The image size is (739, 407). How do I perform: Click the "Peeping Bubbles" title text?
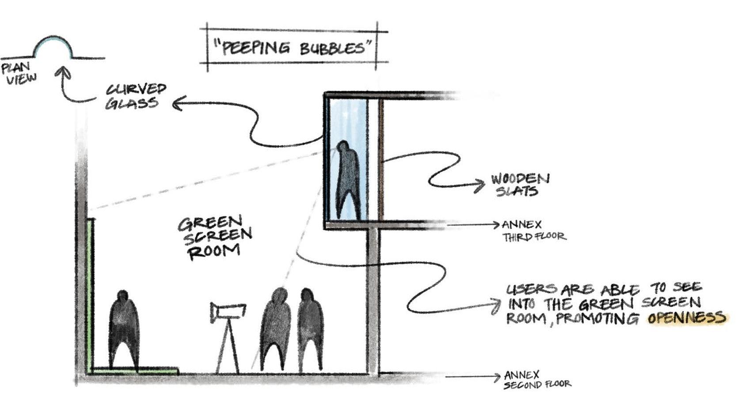[293, 47]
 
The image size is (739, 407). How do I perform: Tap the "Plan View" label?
[19, 73]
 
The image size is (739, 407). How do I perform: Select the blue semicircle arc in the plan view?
[53, 41]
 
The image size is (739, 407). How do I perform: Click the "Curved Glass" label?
[135, 96]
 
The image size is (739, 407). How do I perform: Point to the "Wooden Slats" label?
[520, 185]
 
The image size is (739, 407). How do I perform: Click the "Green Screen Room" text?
[214, 237]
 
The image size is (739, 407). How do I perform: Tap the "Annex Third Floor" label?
[533, 231]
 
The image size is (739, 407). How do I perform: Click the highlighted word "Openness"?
[686, 318]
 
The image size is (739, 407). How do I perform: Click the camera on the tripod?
[227, 311]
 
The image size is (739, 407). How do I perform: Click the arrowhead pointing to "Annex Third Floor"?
[495, 225]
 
